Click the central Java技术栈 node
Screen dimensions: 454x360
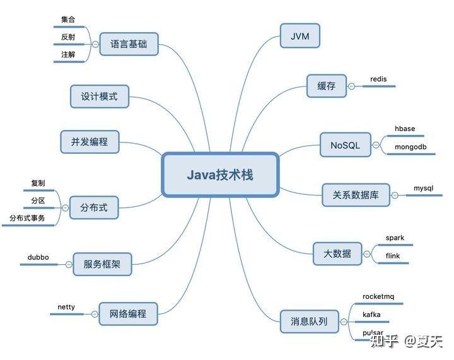[220, 175]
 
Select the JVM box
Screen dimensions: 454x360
[300, 36]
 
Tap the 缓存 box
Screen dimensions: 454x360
[327, 86]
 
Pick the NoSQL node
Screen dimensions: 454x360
[346, 145]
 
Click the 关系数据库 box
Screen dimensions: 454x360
[356, 195]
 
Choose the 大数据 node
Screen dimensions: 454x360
[337, 254]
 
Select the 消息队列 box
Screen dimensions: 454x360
[309, 321]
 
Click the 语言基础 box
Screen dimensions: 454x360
[129, 44]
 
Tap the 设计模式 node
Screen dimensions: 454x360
[100, 96]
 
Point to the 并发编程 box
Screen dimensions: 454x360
[90, 142]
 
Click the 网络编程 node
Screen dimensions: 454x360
[128, 314]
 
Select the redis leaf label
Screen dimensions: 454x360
[378, 79]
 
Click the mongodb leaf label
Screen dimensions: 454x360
[410, 147]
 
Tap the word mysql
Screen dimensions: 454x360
[423, 188]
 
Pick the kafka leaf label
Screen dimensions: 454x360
[371, 314]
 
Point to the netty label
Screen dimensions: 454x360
[66, 307]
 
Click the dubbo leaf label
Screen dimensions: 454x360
[38, 257]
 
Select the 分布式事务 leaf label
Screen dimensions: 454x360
[27, 218]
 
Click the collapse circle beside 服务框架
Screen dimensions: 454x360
[69, 264]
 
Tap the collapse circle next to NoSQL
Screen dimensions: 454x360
[376, 145]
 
